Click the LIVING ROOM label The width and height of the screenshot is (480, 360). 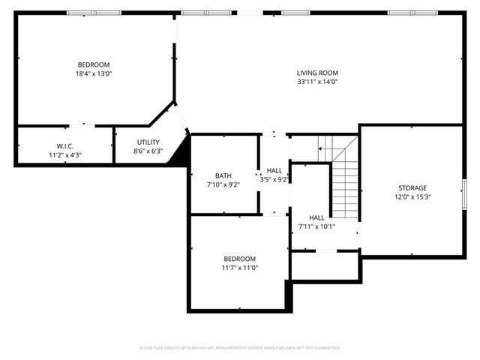(x=317, y=72)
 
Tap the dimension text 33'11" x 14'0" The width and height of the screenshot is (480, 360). (x=317, y=82)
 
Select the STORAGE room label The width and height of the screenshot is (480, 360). (x=412, y=187)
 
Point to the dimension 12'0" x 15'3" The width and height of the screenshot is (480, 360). (x=412, y=197)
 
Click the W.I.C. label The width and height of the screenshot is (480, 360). (x=64, y=145)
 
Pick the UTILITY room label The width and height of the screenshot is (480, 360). (x=148, y=142)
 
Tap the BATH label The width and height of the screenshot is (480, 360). (x=223, y=175)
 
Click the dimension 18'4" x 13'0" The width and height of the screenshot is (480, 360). (x=94, y=73)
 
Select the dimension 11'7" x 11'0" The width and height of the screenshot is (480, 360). (x=239, y=268)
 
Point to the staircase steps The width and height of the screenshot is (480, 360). (x=344, y=187)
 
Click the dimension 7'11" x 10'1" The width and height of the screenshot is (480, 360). (x=316, y=226)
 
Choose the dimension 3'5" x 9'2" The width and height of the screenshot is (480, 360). (x=274, y=180)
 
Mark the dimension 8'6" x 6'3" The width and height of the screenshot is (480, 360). (x=148, y=151)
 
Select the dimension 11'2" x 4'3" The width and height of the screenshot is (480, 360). (x=64, y=155)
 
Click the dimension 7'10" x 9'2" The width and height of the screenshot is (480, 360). (x=223, y=185)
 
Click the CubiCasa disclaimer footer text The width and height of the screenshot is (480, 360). (x=240, y=348)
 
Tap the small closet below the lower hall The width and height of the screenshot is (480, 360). (x=325, y=265)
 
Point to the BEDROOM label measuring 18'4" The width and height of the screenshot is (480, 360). (x=94, y=64)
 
